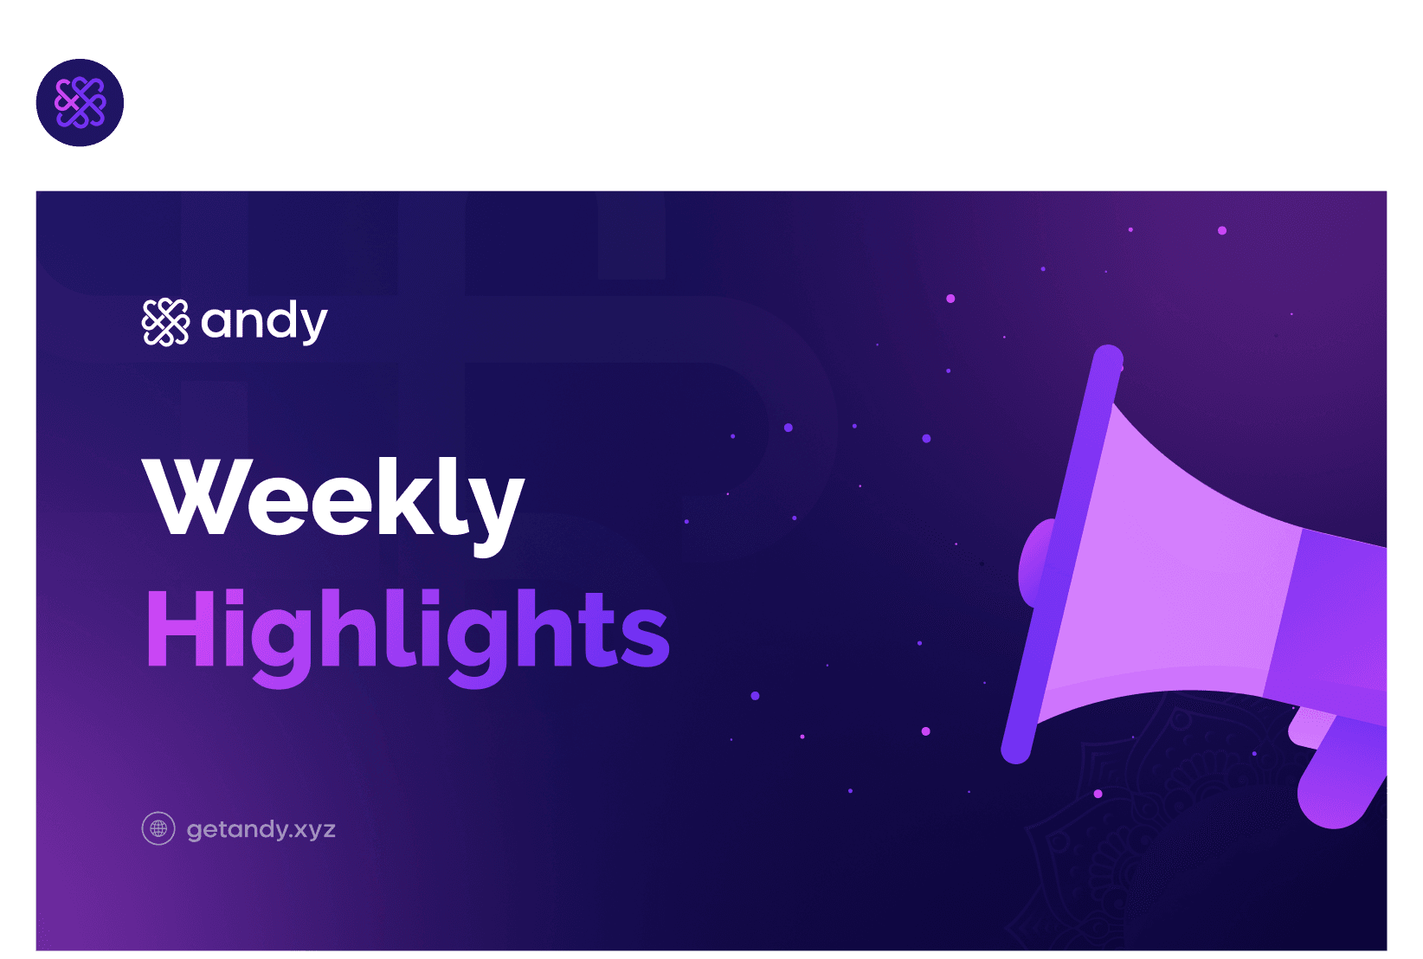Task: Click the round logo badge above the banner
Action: (80, 103)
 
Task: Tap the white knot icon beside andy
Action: (165, 322)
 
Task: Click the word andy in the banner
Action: (264, 323)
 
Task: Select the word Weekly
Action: (333, 506)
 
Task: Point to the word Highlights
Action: (408, 637)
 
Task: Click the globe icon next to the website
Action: (158, 828)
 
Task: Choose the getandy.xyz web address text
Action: (261, 829)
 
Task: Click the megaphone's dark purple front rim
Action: (1062, 554)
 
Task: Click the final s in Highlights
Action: (645, 637)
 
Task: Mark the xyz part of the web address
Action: (312, 832)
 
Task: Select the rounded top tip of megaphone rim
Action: (1109, 357)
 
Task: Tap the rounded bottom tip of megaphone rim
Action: (1016, 750)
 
